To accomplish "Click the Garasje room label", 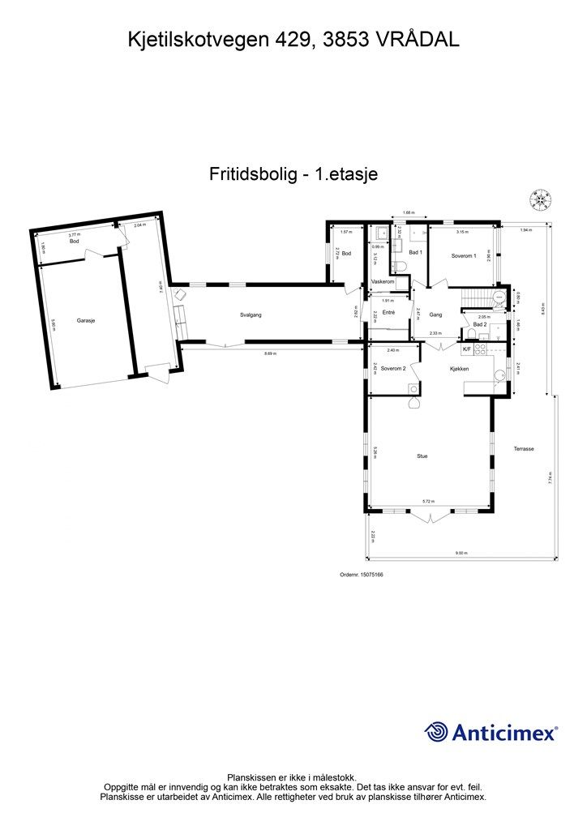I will click(87, 321).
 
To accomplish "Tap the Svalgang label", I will click(251, 314).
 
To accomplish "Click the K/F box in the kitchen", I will click(467, 349).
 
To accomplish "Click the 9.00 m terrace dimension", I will click(461, 554).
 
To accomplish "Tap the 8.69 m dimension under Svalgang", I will click(270, 353).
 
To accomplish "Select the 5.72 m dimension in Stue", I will click(427, 503).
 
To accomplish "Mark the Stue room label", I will click(422, 456).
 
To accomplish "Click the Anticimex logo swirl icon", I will click(436, 732).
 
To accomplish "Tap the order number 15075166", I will click(362, 575).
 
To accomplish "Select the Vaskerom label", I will click(383, 281).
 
